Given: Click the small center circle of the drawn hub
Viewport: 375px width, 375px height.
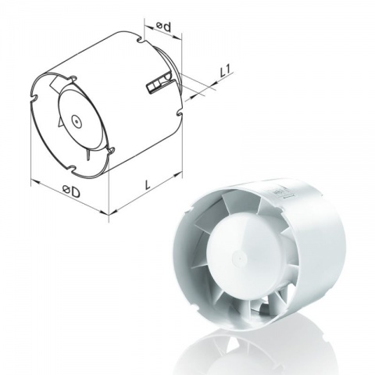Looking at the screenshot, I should click(76, 121).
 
